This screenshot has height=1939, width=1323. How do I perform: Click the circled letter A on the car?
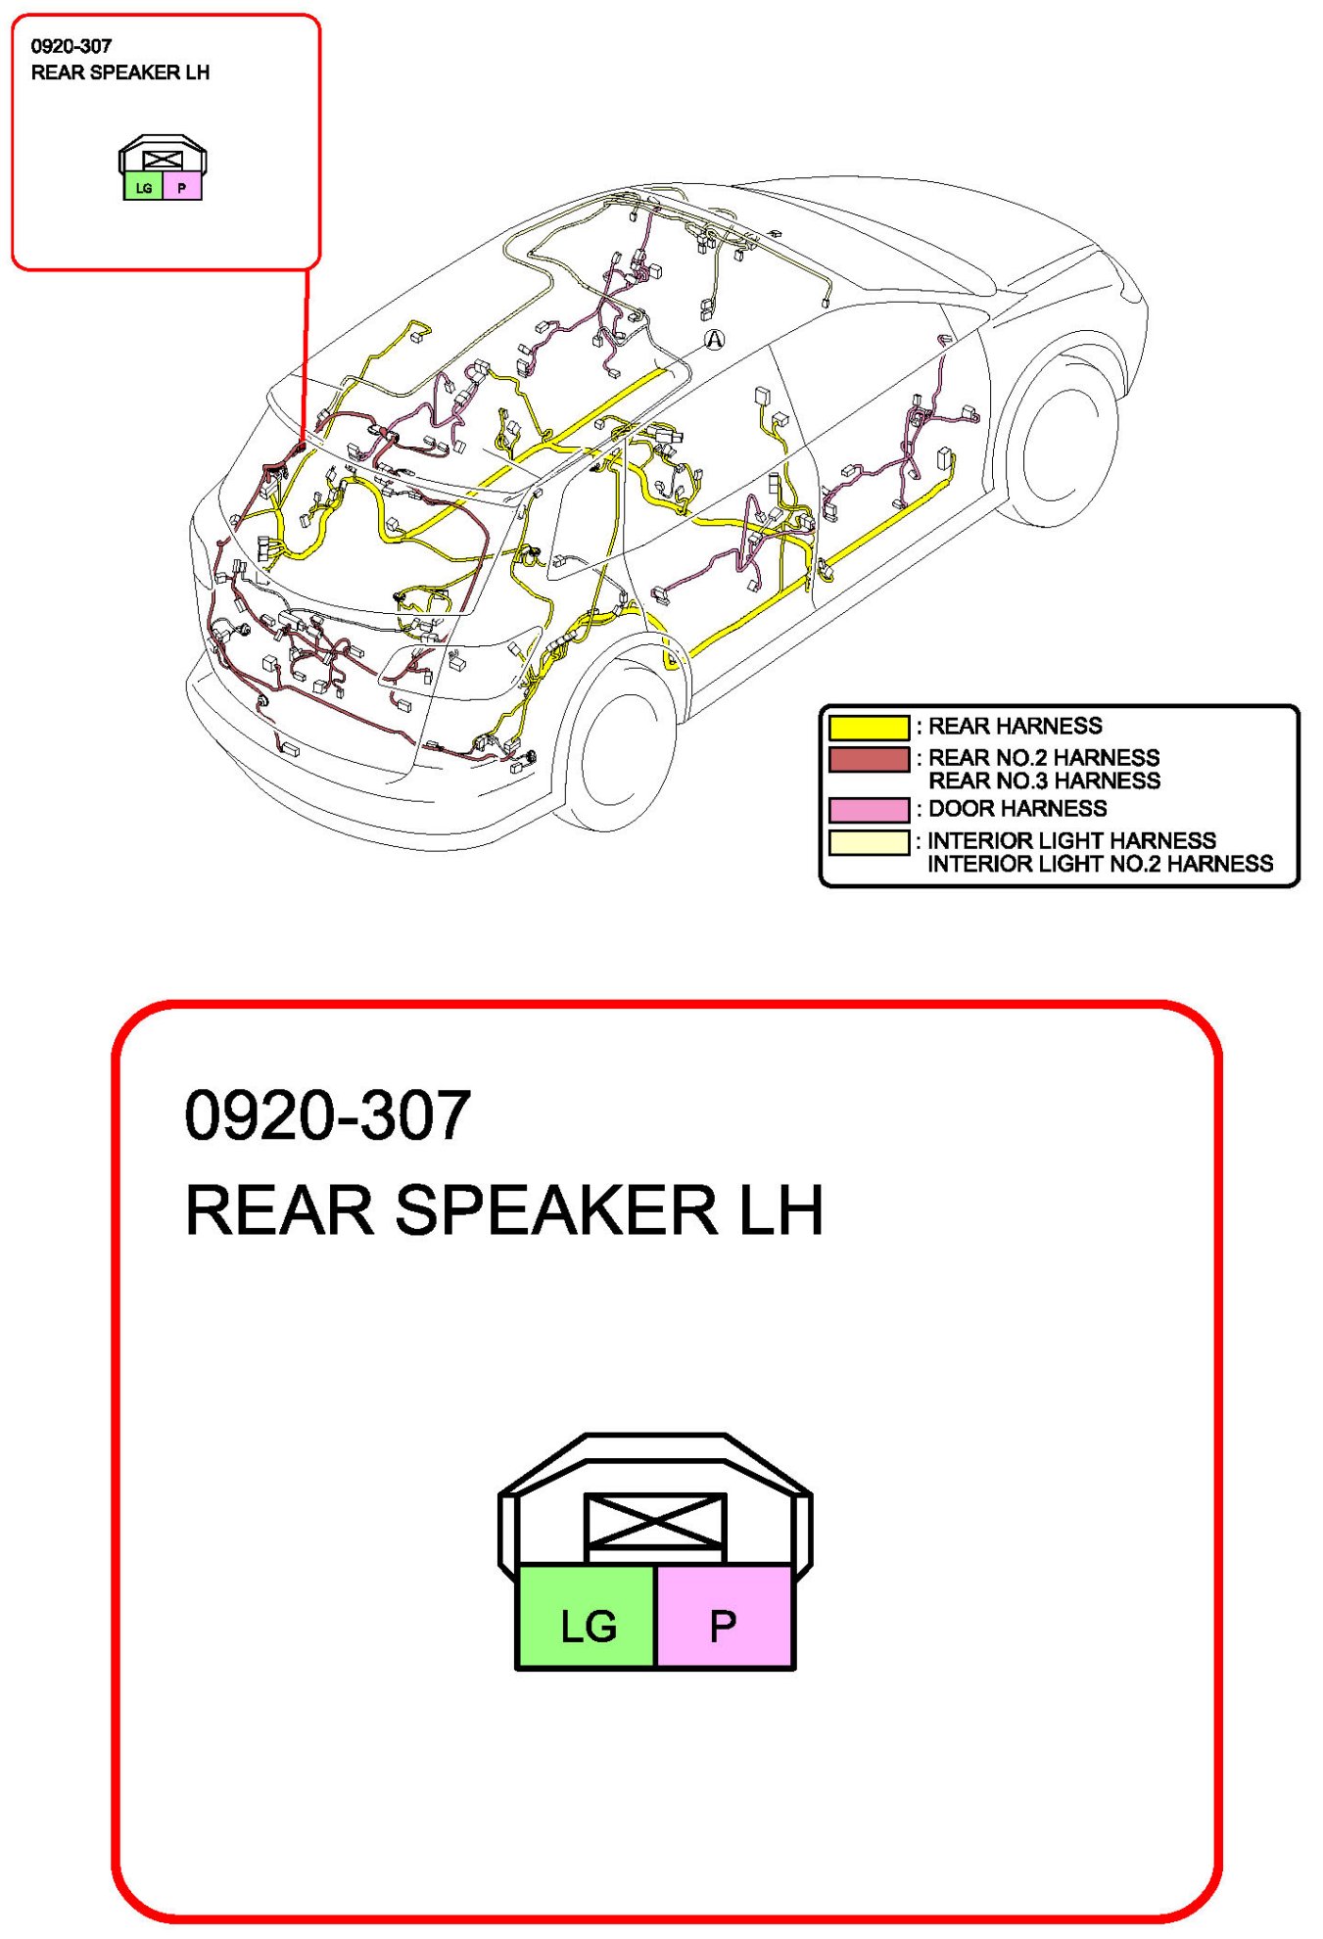coord(715,340)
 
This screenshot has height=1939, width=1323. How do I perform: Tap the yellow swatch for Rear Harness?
coord(869,728)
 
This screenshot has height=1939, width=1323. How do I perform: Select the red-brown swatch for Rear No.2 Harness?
coord(869,760)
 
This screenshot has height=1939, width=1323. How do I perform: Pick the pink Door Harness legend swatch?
coord(869,810)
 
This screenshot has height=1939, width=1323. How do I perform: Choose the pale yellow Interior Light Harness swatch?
coord(869,842)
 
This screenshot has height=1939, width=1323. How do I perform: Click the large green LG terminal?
coord(587,1617)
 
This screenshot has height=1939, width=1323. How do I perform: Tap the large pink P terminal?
coord(724,1617)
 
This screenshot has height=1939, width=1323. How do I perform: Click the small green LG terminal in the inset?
coord(144,187)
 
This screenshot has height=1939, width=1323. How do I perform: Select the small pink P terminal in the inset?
coord(182,187)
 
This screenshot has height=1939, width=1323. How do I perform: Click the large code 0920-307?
coord(327,1115)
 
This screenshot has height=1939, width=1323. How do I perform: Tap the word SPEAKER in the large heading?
coord(555,1210)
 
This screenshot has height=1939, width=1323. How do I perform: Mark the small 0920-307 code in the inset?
coord(71,46)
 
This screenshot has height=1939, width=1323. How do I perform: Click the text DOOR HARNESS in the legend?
coord(1017,809)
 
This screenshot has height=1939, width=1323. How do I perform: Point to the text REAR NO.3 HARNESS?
coord(1044,781)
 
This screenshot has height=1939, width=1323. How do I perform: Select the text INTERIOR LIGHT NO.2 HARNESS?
coord(1100,865)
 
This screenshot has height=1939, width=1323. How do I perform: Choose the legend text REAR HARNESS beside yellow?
coord(1015,727)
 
